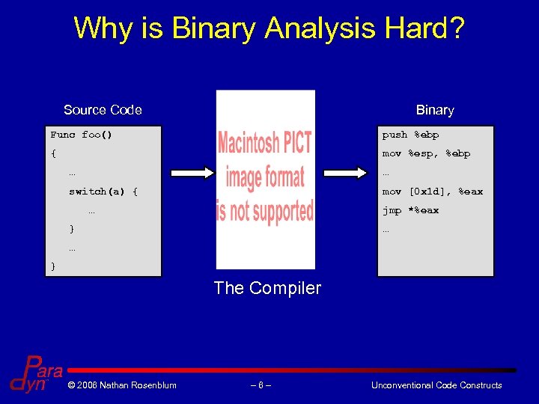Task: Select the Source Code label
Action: (103, 110)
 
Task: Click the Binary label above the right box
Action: (435, 110)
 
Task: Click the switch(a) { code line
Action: (103, 192)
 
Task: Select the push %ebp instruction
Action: (410, 135)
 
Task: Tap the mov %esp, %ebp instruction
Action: (426, 153)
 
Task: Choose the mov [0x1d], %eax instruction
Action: (432, 192)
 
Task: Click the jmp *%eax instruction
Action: (410, 210)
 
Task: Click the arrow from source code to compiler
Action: (188, 173)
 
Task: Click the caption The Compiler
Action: (267, 288)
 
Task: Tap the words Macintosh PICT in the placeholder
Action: (265, 142)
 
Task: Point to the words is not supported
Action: (265, 211)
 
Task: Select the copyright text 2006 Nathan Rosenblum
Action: (121, 385)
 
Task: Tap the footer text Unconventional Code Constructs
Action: (436, 385)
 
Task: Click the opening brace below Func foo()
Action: (53, 153)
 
